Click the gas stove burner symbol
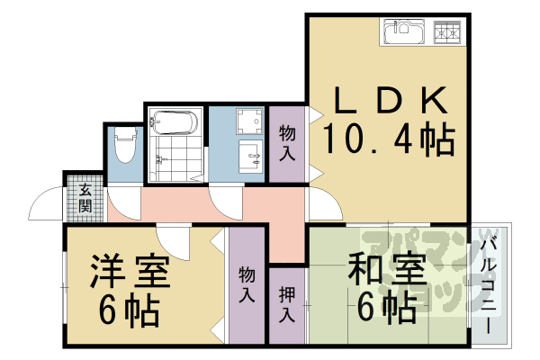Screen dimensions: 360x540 click(447, 33)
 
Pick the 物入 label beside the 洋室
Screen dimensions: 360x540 click(247, 284)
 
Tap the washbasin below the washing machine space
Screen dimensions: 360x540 click(249, 154)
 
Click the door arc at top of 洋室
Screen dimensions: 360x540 click(171, 239)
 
